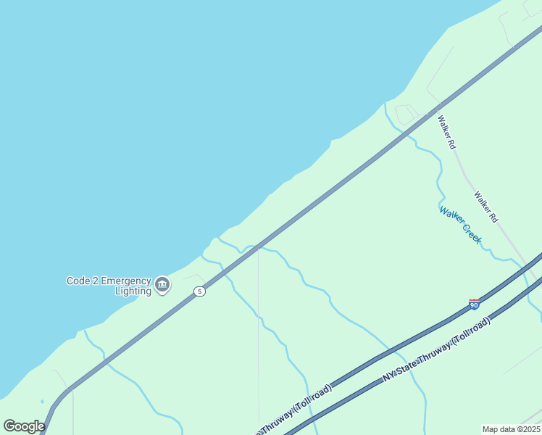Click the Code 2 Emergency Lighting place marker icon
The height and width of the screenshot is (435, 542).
[162, 284]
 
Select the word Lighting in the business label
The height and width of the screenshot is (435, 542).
[133, 291]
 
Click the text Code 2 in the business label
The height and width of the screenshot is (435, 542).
[82, 281]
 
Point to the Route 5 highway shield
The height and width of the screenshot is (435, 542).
[199, 291]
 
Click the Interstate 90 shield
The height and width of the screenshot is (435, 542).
[474, 304]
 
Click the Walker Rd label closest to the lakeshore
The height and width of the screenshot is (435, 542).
[446, 131]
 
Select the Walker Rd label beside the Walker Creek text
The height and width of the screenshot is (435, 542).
[486, 206]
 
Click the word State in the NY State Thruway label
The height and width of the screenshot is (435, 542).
[411, 365]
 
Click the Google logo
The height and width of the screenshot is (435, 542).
[24, 426]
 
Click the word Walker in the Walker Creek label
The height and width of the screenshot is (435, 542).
[450, 217]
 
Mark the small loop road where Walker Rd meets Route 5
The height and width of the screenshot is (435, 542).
[404, 114]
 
